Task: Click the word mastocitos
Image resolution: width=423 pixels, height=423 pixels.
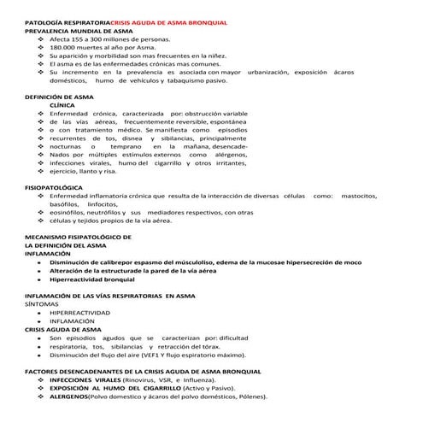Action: click(354, 196)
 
